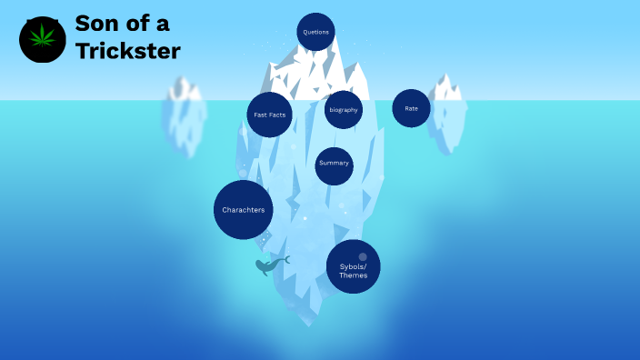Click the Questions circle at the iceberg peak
[x=315, y=32]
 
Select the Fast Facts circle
[x=269, y=115]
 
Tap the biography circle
[x=344, y=110]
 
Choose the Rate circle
[x=411, y=108]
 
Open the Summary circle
[x=334, y=164]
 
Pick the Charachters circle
[x=244, y=210]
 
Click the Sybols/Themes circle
[x=353, y=266]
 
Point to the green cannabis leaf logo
[x=42, y=39]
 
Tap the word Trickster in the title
[x=127, y=51]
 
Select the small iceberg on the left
[x=184, y=118]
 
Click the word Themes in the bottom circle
[x=353, y=275]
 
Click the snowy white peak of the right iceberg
[x=445, y=88]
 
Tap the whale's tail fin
[x=285, y=259]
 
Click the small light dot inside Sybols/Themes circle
[x=363, y=256]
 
